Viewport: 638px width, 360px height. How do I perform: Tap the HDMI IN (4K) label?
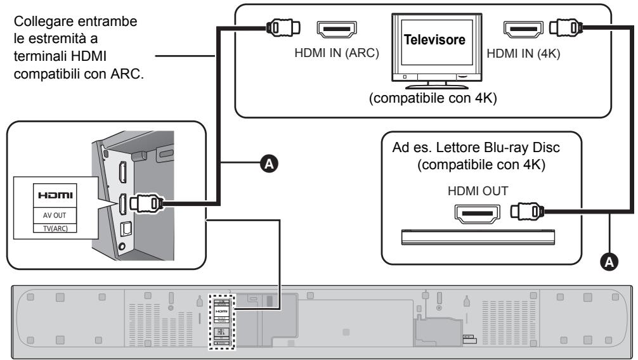(523, 55)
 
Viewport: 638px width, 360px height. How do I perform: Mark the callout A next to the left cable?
(269, 164)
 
